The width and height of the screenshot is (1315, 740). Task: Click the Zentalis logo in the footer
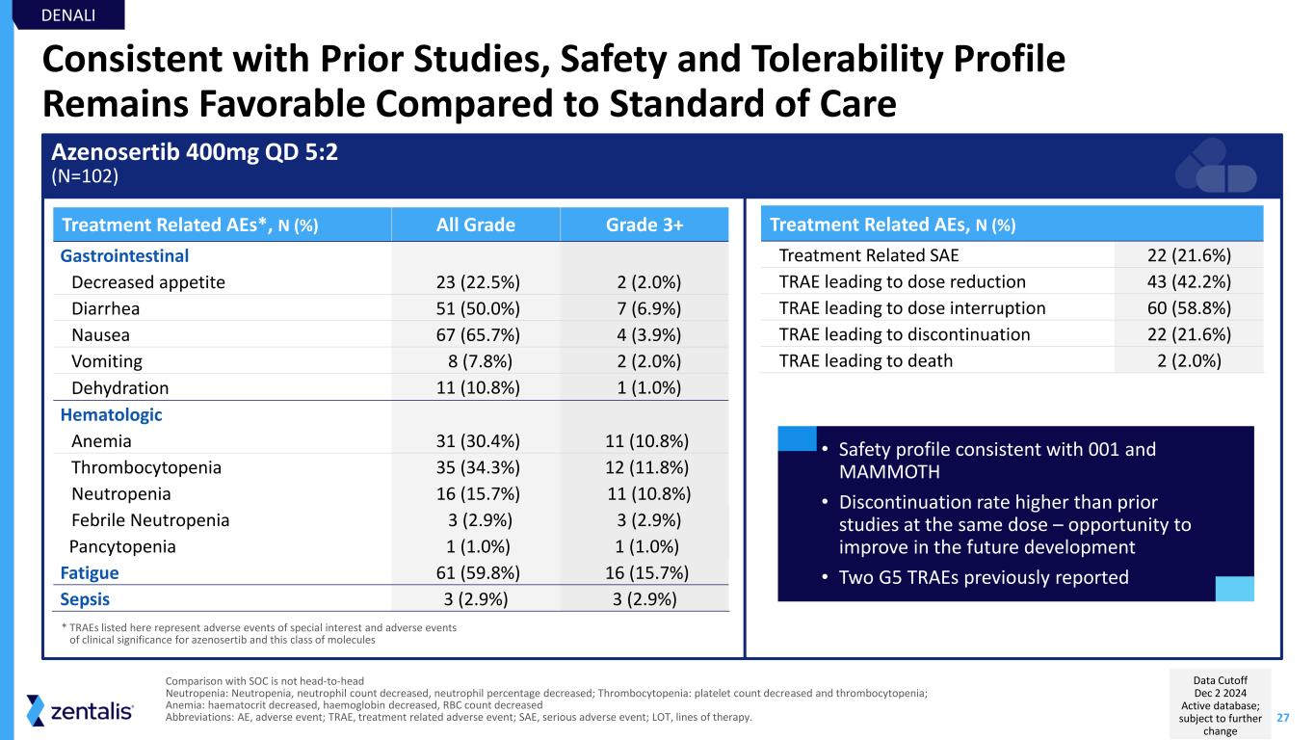[81, 712]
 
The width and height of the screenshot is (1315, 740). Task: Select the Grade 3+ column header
[644, 225]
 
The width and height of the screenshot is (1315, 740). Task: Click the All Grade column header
[476, 225]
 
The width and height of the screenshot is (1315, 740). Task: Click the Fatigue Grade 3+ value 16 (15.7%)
[644, 572]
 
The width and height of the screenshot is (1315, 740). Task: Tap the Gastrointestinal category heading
[124, 256]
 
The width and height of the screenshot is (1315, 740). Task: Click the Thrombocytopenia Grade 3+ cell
[644, 468]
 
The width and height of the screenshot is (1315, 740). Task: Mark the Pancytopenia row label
[122, 546]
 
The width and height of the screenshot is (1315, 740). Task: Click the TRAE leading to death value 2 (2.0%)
[1189, 361]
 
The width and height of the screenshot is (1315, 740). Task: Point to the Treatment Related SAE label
[868, 256]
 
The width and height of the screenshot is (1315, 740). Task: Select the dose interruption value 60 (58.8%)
[1189, 308]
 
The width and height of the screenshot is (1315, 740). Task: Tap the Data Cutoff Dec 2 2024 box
[1221, 703]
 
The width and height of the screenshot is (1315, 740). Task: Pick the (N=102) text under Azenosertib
[87, 176]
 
